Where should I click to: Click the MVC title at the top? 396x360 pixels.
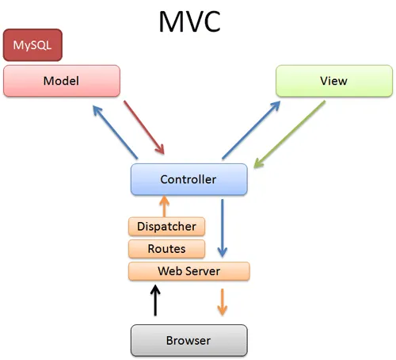[x=189, y=21]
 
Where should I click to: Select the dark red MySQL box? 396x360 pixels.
[x=32, y=45]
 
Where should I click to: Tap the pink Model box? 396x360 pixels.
[x=62, y=81]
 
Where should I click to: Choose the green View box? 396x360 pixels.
[x=334, y=81]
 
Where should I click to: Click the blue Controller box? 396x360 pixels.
[x=189, y=179]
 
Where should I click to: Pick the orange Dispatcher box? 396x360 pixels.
[x=166, y=227]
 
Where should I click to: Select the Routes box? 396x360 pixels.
[x=166, y=249]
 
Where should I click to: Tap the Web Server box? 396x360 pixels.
[x=189, y=271]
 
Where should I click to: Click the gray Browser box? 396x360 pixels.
[x=189, y=340]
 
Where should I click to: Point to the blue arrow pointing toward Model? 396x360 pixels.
[x=116, y=132]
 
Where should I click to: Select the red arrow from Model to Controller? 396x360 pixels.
[x=144, y=128]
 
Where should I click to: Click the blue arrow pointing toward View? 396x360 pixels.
[x=251, y=130]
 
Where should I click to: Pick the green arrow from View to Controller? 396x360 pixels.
[x=289, y=134]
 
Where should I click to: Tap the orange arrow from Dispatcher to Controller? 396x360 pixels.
[x=164, y=206]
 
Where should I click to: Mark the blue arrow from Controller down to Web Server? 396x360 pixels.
[x=223, y=228]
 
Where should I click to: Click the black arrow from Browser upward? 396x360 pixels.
[x=155, y=300]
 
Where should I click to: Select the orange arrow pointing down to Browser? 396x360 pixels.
[x=223, y=302]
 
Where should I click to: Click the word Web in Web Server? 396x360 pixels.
[x=170, y=271]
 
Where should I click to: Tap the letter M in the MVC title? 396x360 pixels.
[x=169, y=21]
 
